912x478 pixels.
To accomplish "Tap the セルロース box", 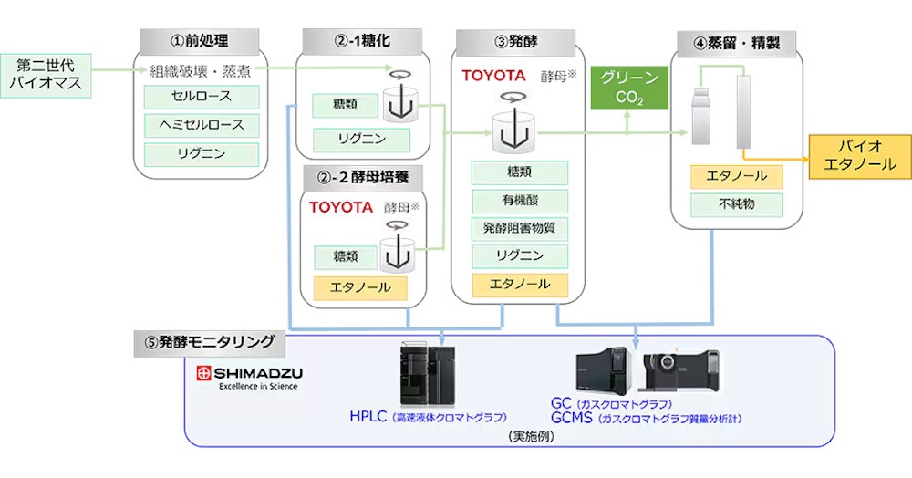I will click(x=201, y=97).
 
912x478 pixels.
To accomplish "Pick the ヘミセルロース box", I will click(x=201, y=125).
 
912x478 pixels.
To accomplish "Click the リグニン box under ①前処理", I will click(x=201, y=153).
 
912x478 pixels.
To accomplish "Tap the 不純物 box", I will click(x=737, y=205).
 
